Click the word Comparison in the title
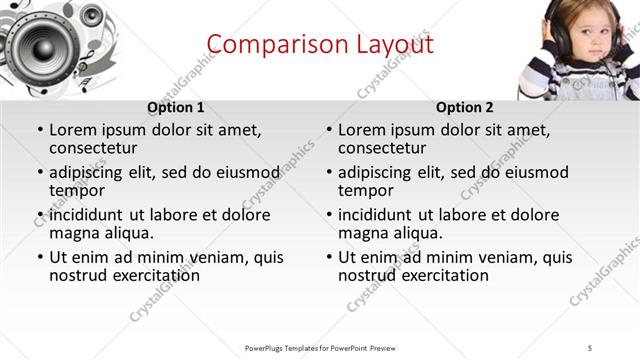265,44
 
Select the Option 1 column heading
176,108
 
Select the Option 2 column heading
465,108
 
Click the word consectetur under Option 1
96,148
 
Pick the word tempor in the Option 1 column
77,190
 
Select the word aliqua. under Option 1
131,233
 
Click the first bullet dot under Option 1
39,130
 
